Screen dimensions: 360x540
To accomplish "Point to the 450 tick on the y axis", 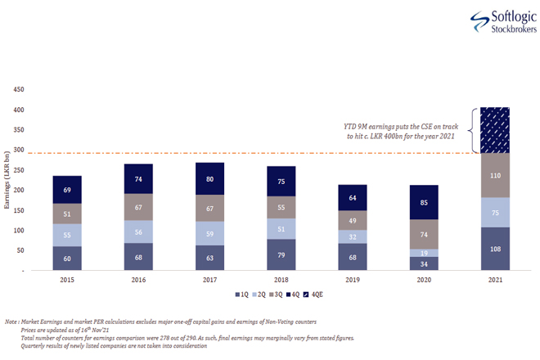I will click(x=19, y=90).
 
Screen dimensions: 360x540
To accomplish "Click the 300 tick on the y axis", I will click(x=19, y=150).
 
